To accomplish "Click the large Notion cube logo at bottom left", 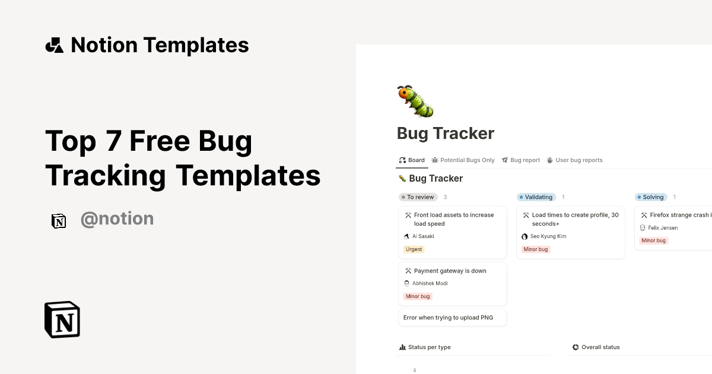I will pyautogui.click(x=62, y=319).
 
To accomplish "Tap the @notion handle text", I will pyautogui.click(x=117, y=219).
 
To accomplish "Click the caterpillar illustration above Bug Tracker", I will pyautogui.click(x=415, y=101).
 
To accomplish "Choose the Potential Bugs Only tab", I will pyautogui.click(x=463, y=160).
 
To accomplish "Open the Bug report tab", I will pyautogui.click(x=521, y=160).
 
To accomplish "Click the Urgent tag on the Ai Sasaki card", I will pyautogui.click(x=414, y=249).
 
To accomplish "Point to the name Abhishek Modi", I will pyautogui.click(x=430, y=283).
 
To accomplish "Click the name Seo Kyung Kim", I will pyautogui.click(x=548, y=236).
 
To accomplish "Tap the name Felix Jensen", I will pyautogui.click(x=662, y=228).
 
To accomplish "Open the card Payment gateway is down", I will pyautogui.click(x=450, y=271).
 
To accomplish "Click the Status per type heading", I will pyautogui.click(x=425, y=347).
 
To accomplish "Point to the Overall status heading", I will pyautogui.click(x=600, y=347).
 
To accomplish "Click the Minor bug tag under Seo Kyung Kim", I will pyautogui.click(x=536, y=249).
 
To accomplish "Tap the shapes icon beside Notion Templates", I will pyautogui.click(x=55, y=45).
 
